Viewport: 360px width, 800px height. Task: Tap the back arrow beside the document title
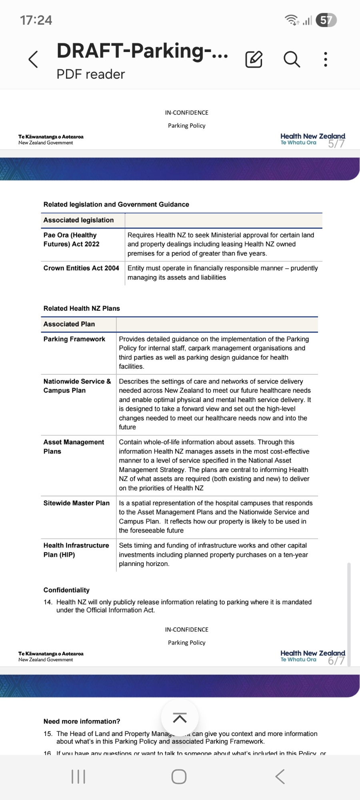click(x=34, y=60)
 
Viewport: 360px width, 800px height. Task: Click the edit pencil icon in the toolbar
click(x=254, y=60)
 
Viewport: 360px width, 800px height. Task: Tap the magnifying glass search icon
click(x=292, y=60)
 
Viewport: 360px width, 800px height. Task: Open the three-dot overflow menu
click(x=326, y=60)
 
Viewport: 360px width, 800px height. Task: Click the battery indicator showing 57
click(x=326, y=20)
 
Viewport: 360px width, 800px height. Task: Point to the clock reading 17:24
click(x=36, y=20)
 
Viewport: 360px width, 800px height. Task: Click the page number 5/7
click(x=336, y=144)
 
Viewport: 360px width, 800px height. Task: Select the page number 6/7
click(x=336, y=660)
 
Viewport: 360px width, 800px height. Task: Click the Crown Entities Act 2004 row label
click(x=81, y=268)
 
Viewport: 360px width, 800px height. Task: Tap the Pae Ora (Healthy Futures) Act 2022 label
click(x=72, y=240)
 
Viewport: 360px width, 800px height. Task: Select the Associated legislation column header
click(x=79, y=220)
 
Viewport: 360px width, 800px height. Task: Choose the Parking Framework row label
click(x=74, y=339)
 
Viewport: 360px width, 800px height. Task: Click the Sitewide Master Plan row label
click(x=76, y=503)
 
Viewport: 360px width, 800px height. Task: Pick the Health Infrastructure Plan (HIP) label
click(x=76, y=550)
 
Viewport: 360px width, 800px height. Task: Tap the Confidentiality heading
click(x=66, y=590)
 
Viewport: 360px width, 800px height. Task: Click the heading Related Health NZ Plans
click(x=82, y=308)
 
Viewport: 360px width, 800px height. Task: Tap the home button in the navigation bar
click(x=179, y=777)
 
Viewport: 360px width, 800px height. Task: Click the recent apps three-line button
click(x=78, y=777)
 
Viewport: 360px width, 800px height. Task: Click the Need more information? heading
click(x=82, y=721)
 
